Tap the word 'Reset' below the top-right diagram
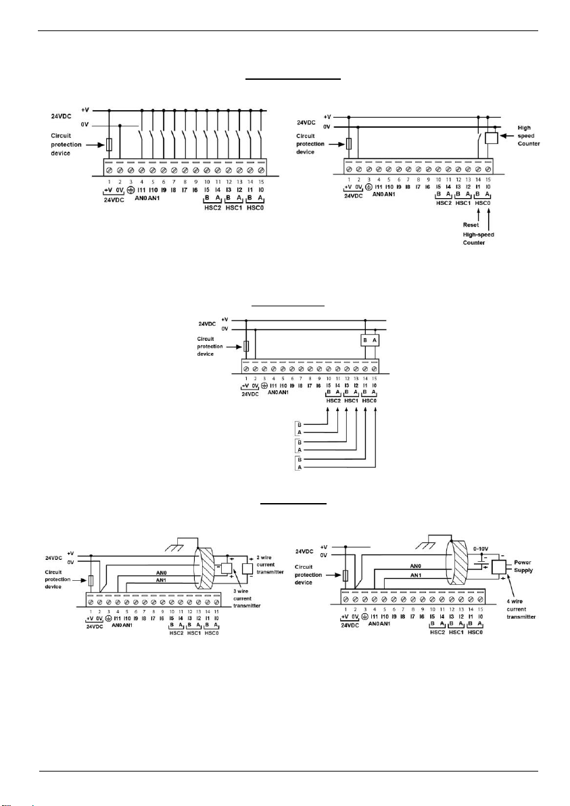click(471, 224)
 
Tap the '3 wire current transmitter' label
click(246, 601)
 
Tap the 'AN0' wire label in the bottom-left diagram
click(161, 569)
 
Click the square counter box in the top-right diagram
click(492, 138)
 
